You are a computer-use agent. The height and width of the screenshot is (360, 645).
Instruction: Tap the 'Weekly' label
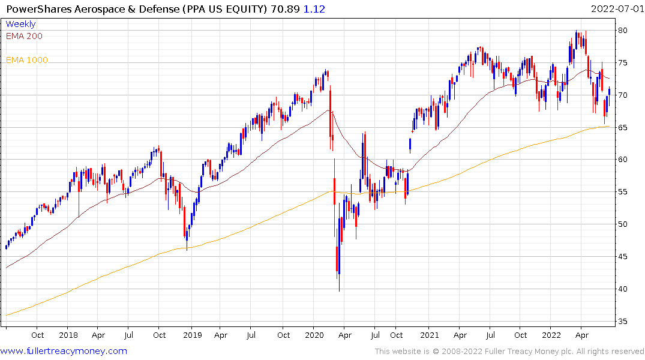coord(20,25)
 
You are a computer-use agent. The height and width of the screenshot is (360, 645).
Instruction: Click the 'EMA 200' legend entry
coord(24,36)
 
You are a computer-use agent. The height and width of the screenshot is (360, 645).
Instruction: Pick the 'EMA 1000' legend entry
coord(27,60)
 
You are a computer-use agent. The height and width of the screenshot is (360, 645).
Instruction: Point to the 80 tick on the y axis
coord(623,31)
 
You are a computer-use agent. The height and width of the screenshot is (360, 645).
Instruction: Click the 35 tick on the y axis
coord(623,322)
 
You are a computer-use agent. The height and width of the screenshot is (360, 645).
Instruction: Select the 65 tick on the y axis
coord(623,127)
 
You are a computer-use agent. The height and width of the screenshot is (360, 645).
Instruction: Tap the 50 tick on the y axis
coord(623,224)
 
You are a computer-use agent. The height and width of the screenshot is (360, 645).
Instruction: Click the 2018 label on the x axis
coord(68,335)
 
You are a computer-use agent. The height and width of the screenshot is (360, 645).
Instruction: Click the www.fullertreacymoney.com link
coord(64,351)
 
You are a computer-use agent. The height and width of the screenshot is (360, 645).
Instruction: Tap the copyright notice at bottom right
coord(509,352)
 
